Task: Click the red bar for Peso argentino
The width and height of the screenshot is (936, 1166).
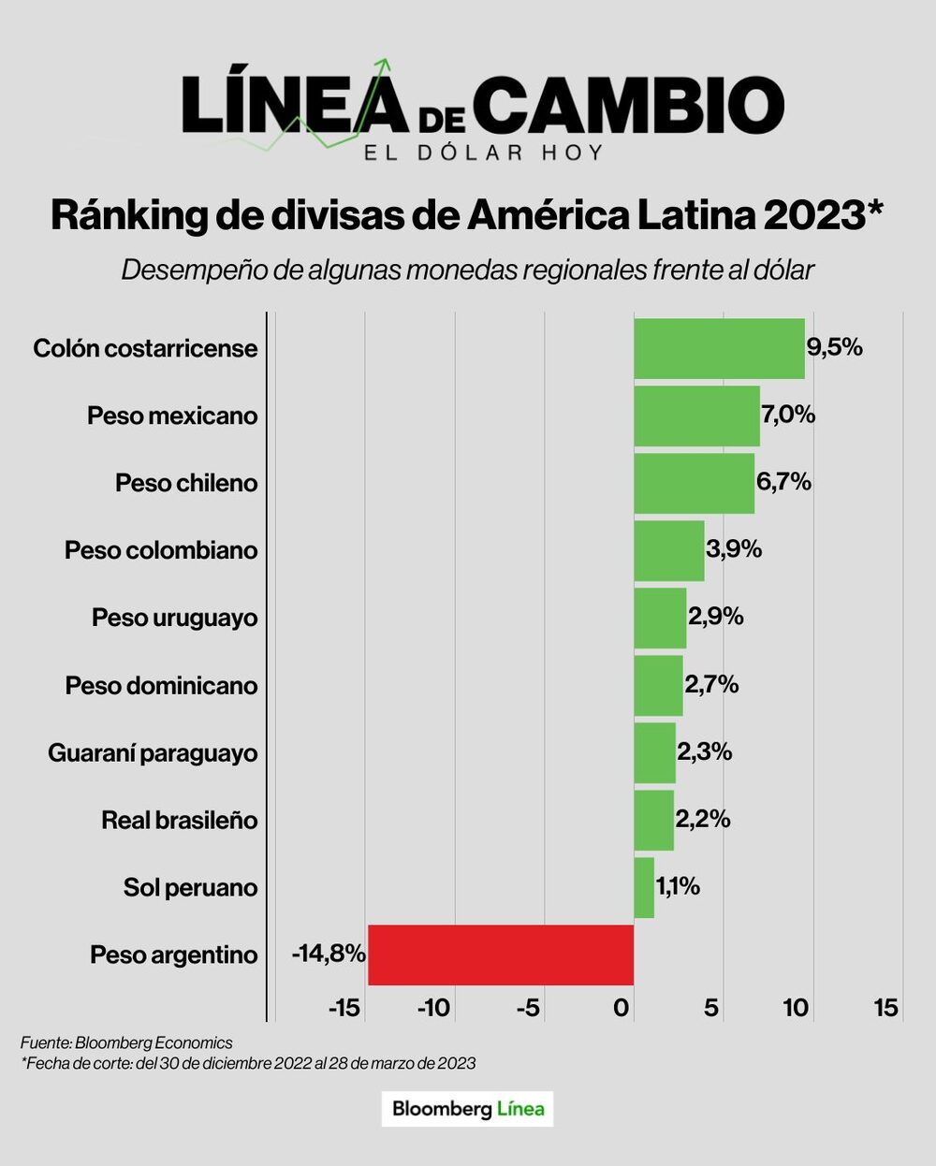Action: (x=501, y=955)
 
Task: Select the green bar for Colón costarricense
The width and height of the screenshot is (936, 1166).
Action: (x=719, y=348)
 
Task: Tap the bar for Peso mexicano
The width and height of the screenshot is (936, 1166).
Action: (x=696, y=415)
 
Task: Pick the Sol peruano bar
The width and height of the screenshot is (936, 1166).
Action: (x=644, y=887)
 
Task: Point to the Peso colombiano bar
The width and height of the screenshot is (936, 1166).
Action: (x=669, y=550)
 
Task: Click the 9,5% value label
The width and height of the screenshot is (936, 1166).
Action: (x=835, y=347)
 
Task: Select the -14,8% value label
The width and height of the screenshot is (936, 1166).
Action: (x=329, y=954)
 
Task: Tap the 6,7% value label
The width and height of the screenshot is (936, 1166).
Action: (x=784, y=482)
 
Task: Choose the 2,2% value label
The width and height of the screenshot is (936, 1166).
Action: (x=703, y=819)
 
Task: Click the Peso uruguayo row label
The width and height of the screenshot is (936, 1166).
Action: (x=175, y=618)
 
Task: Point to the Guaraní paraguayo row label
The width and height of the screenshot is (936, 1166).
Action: (x=153, y=752)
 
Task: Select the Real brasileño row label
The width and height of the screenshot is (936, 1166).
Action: (x=180, y=820)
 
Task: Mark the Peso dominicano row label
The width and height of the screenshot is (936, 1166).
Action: (x=161, y=685)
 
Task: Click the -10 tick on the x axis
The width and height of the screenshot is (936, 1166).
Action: (x=433, y=1008)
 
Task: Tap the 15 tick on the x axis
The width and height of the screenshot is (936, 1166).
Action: (x=885, y=1008)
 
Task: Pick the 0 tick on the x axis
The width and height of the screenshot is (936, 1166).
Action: (x=622, y=1008)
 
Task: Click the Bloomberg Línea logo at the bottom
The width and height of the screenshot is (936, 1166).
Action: (x=468, y=1109)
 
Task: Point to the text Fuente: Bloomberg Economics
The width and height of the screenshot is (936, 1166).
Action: (x=126, y=1042)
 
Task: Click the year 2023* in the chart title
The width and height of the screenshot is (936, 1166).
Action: (x=824, y=215)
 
